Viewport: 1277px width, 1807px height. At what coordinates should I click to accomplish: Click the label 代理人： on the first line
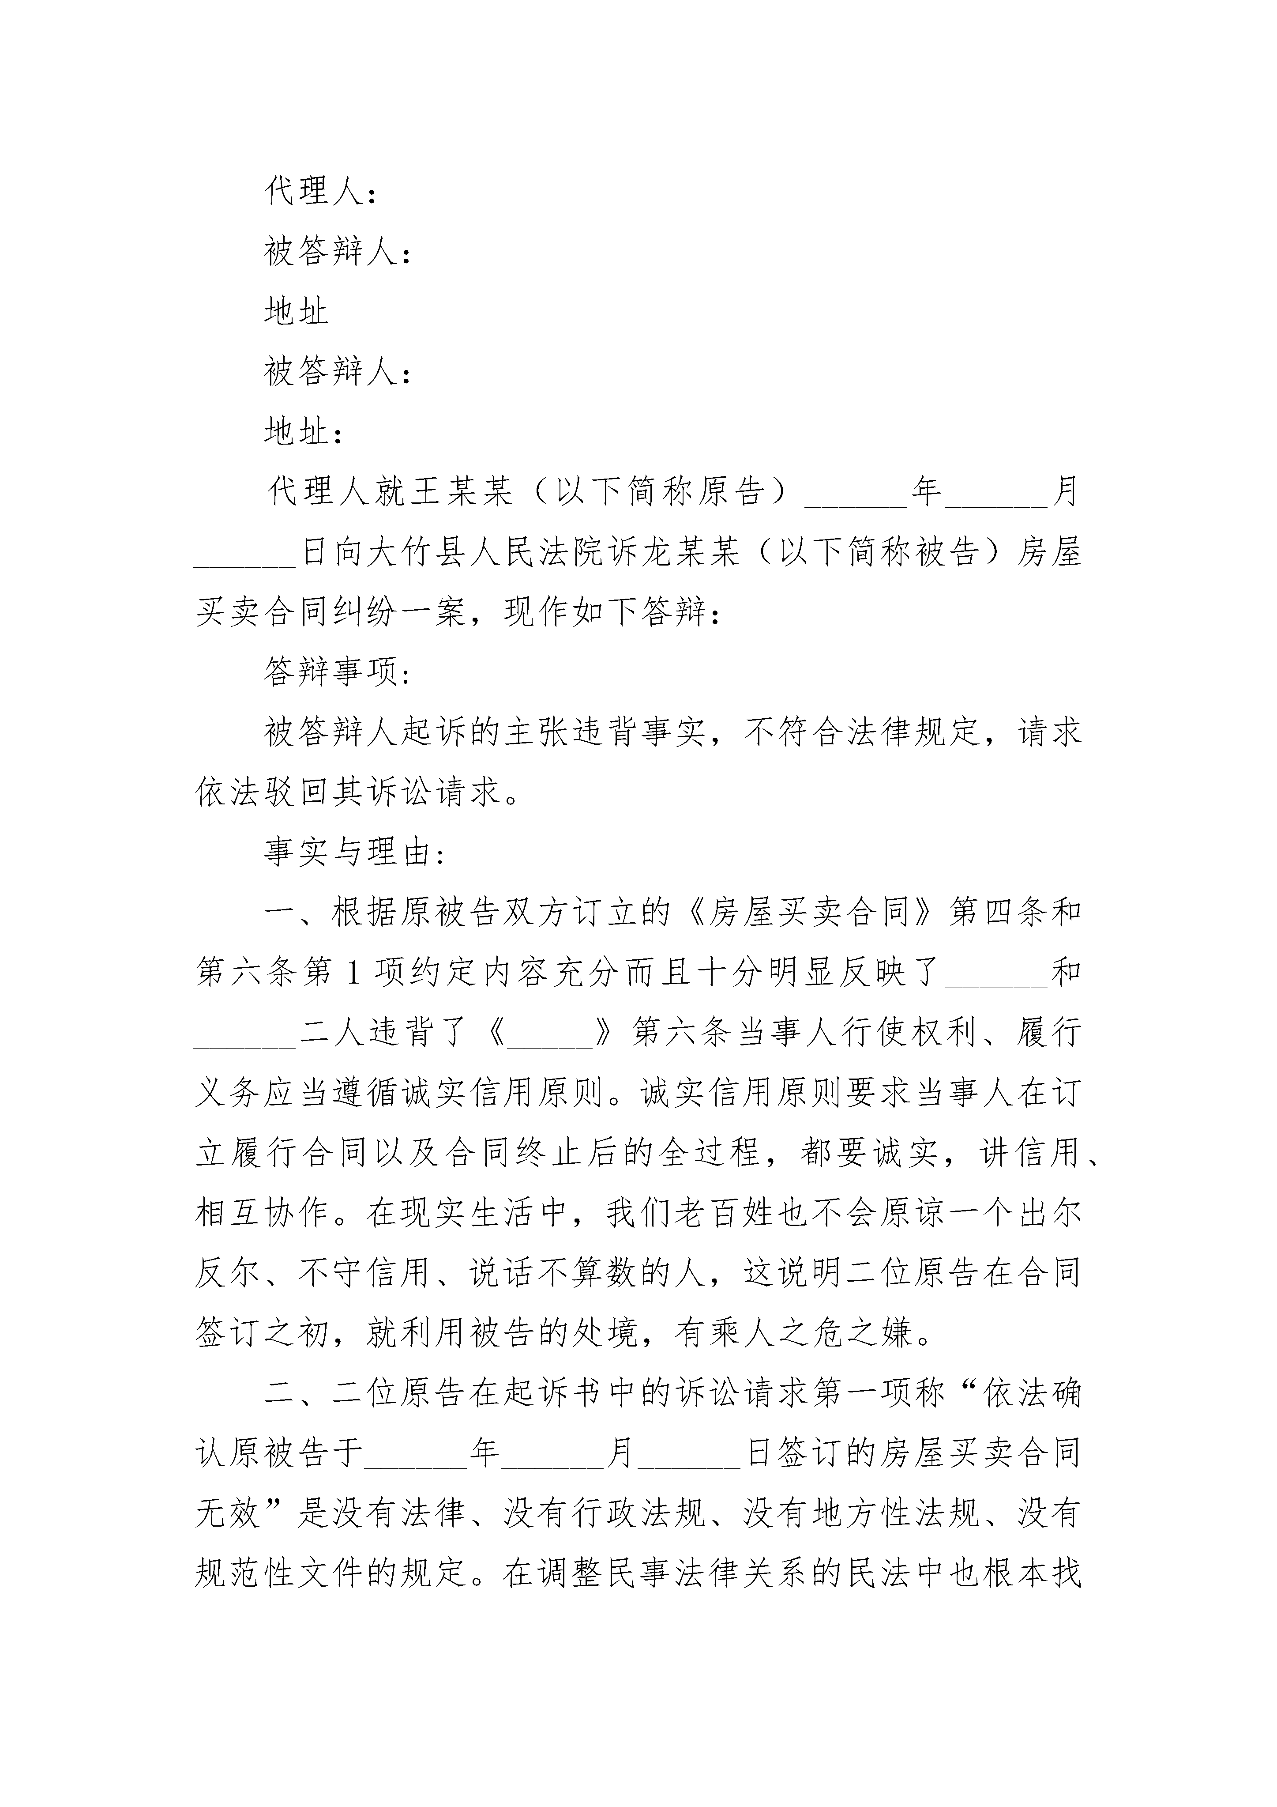(x=320, y=191)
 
